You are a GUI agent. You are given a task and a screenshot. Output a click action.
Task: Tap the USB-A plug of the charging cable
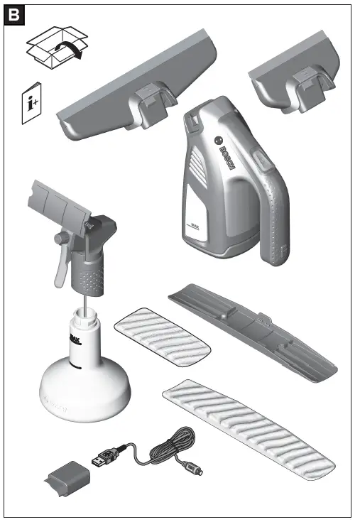click(x=107, y=456)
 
